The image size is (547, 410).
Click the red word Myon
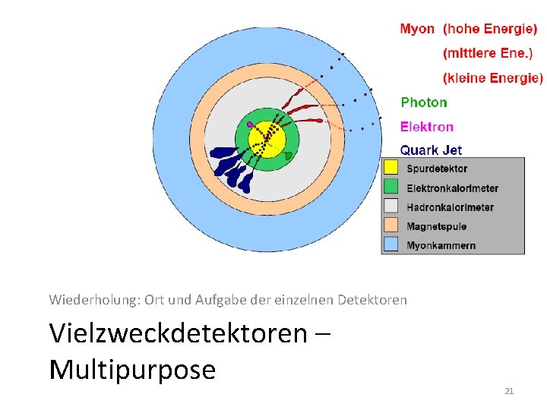coord(417,30)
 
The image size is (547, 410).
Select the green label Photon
coord(424,102)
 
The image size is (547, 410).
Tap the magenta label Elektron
coord(427,127)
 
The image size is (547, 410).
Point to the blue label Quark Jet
coord(431,150)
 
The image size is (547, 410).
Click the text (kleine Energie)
coord(493,78)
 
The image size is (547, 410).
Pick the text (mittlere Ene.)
coord(488,54)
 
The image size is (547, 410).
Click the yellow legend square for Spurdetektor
coord(391,168)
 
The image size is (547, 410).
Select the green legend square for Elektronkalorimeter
coord(391,187)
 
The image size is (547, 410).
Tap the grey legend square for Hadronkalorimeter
coord(391,206)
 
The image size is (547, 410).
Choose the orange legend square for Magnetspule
coord(391,225)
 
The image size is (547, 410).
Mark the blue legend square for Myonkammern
coord(391,244)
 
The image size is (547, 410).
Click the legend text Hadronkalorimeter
coord(450,207)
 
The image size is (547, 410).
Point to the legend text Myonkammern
coord(441,245)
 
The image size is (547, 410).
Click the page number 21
coord(509,391)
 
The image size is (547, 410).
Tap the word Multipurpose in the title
coord(132,370)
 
